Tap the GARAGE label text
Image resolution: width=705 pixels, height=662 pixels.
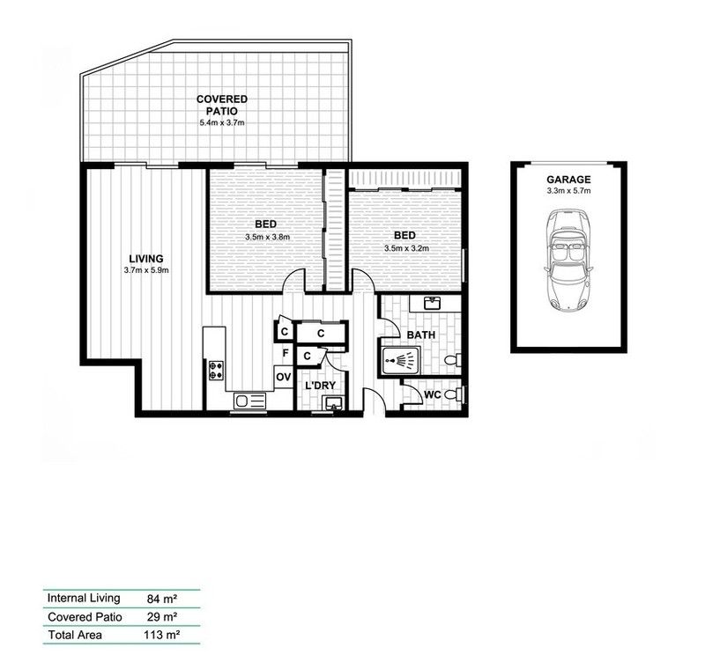(568, 179)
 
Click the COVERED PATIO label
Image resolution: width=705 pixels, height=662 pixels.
(221, 106)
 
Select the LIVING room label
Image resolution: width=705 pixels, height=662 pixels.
(146, 258)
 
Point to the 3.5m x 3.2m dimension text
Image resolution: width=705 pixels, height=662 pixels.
(406, 248)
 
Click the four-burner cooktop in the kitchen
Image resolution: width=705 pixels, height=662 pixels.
(215, 371)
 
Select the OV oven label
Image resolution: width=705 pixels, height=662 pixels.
(283, 377)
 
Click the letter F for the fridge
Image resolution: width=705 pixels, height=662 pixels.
(285, 354)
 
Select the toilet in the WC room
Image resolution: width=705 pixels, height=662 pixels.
(452, 394)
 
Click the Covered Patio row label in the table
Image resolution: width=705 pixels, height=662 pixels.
(85, 616)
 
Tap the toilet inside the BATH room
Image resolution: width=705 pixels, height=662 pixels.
(452, 360)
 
